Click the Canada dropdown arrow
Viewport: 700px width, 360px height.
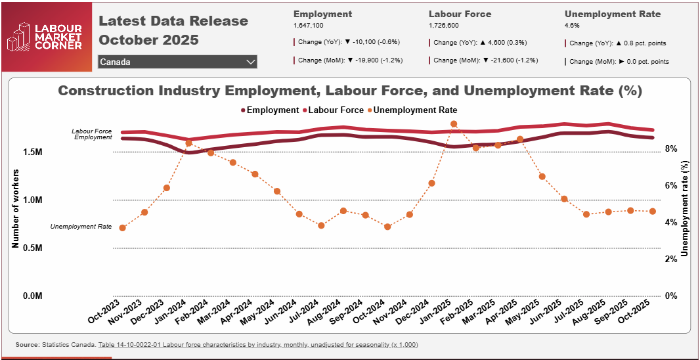(250, 62)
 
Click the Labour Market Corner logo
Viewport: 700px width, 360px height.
(44, 36)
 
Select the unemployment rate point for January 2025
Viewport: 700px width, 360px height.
(454, 124)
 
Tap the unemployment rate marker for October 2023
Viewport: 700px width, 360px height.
(122, 227)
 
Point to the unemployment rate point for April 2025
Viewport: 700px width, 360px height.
(520, 139)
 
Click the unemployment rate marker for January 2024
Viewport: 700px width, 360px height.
(188, 143)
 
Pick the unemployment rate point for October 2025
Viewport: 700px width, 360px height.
(652, 211)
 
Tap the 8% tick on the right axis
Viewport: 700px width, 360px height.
(670, 149)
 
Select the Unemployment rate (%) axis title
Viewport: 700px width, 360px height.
(686, 208)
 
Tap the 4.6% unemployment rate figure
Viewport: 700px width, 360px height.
(572, 25)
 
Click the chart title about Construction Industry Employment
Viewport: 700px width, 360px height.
(349, 91)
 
